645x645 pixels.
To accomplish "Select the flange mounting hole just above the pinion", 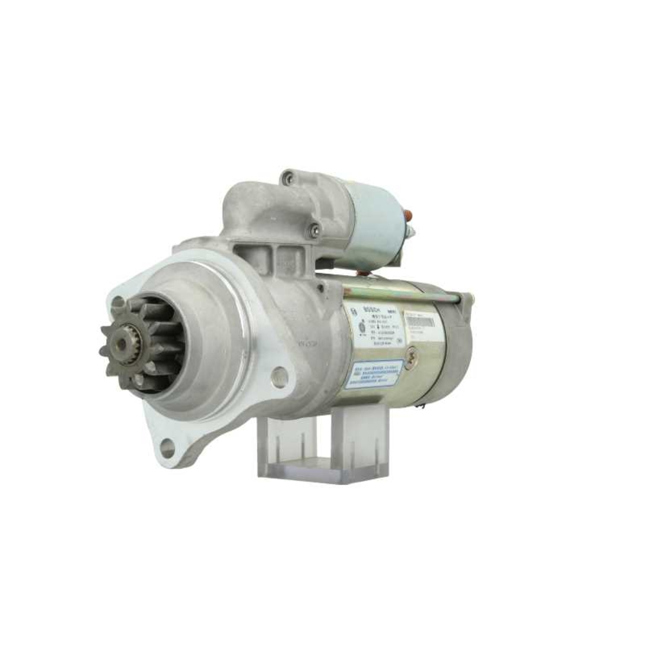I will pos(118,303).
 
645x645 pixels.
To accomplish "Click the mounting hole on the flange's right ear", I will pos(279,377).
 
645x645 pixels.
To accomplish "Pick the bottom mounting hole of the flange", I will pos(167,448).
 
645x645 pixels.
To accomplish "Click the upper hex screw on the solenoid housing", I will pos(288,177).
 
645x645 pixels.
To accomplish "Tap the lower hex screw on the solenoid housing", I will pos(314,230).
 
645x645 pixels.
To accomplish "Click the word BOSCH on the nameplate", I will pos(374,310).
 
